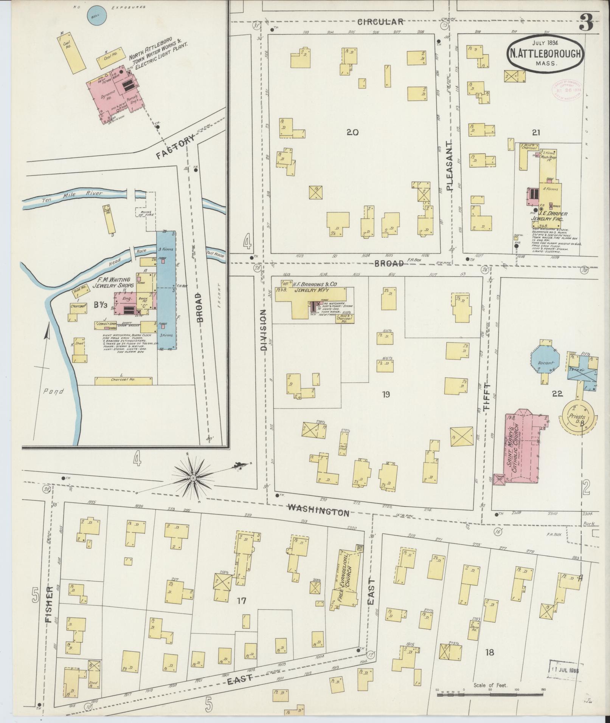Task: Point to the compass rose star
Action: click(x=193, y=478)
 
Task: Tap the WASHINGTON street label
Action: click(x=318, y=510)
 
